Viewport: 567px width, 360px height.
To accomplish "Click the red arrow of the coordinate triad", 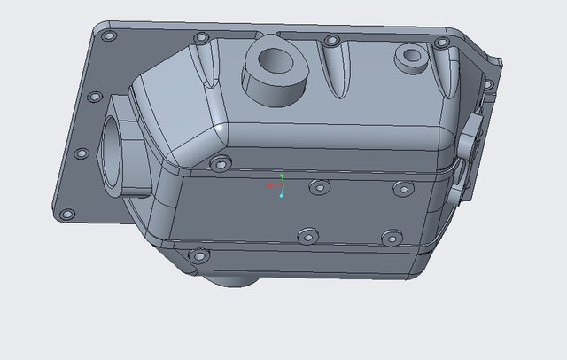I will [271, 186].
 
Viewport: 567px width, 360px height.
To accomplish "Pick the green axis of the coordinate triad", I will [282, 180].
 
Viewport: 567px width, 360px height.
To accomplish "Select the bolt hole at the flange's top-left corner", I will [109, 37].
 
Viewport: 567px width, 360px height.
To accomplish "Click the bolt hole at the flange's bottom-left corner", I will [65, 214].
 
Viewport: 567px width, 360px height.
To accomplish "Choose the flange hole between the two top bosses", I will [331, 40].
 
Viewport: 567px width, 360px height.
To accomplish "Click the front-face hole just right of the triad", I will [316, 186].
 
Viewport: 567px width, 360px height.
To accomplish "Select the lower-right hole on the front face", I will [392, 238].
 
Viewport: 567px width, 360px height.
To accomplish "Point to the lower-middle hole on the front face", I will [307, 235].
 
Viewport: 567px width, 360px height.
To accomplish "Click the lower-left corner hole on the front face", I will [198, 256].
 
